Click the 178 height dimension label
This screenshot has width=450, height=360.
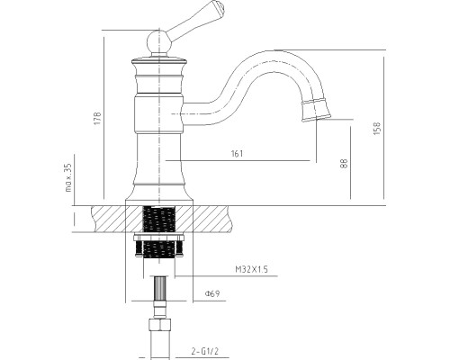click(x=98, y=119)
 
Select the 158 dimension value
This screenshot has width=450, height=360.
click(x=377, y=128)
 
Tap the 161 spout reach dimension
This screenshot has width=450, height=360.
click(x=238, y=154)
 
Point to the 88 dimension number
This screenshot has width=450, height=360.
click(x=345, y=163)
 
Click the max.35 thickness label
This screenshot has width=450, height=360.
click(x=68, y=177)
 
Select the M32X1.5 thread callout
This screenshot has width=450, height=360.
click(x=251, y=269)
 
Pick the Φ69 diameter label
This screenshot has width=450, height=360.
click(x=212, y=293)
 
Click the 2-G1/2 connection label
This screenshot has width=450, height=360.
click(x=205, y=351)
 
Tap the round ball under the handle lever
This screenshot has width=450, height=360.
click(x=159, y=42)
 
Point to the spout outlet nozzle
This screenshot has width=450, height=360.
click(x=316, y=110)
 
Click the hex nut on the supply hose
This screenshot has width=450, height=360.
click(x=160, y=324)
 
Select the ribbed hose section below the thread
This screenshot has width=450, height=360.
click(x=160, y=289)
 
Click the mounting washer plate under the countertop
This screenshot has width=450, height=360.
click(x=158, y=237)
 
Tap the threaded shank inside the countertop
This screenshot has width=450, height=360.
click(x=158, y=219)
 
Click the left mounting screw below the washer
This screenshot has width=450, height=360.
click(x=139, y=248)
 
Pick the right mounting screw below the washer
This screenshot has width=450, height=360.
click(x=179, y=248)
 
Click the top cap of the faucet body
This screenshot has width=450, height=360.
click(x=159, y=61)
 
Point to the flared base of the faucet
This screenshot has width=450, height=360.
click(x=159, y=194)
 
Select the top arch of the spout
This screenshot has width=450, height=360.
click(x=279, y=54)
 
